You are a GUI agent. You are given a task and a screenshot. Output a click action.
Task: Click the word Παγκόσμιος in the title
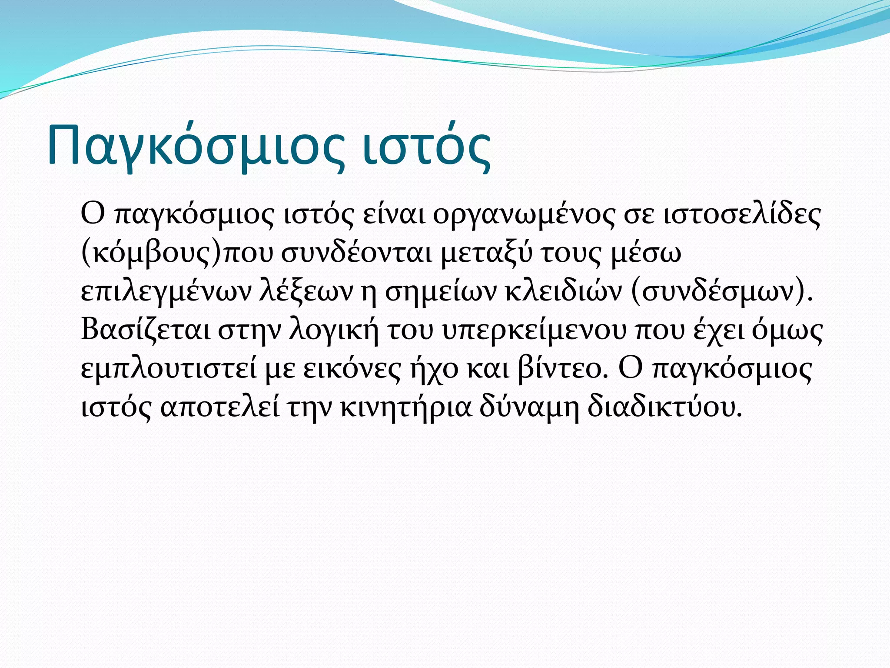(x=196, y=146)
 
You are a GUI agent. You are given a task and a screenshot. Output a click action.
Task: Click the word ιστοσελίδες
(x=743, y=215)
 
